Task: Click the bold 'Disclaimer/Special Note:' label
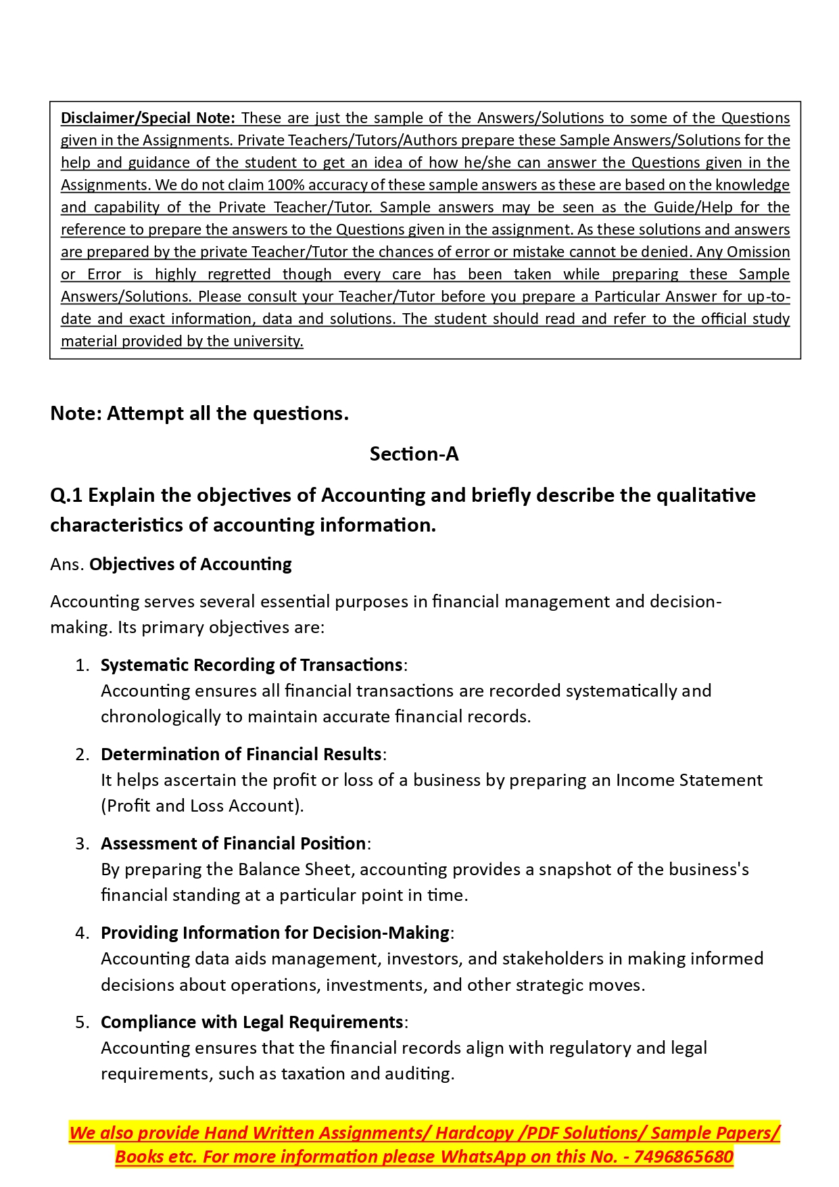147,118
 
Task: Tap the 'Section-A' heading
414,454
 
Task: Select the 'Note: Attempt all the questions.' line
199,413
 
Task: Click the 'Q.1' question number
66,495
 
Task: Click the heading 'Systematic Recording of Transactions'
251,665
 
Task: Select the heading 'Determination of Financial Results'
241,754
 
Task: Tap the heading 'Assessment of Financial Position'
233,843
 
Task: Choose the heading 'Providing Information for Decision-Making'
275,933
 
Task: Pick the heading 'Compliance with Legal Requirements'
252,1022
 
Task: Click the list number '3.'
82,843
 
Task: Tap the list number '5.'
82,1022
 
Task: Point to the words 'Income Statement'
689,780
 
